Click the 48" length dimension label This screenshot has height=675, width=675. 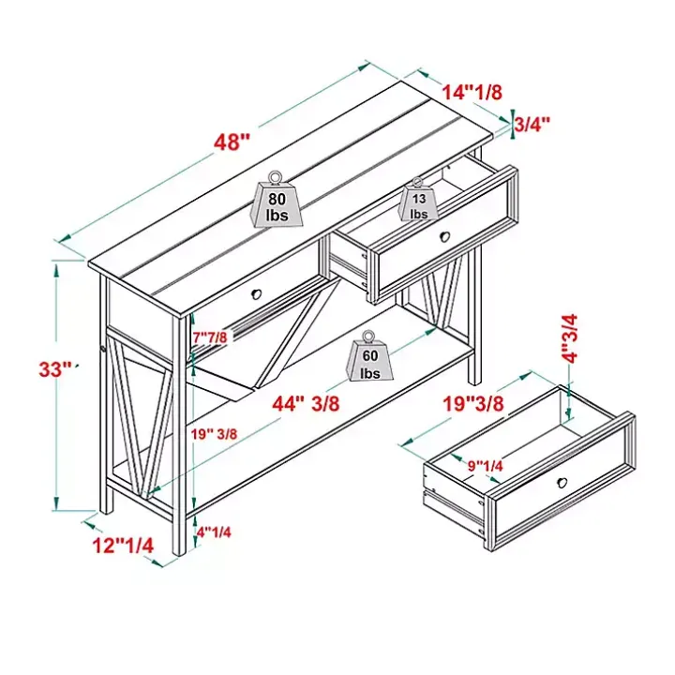[x=232, y=142]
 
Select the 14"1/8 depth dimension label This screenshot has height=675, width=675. [x=472, y=92]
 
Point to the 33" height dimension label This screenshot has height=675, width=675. [x=55, y=369]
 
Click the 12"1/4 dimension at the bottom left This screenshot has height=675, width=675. [x=123, y=546]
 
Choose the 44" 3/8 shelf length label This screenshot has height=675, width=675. [x=306, y=403]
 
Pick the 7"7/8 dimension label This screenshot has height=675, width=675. [x=210, y=337]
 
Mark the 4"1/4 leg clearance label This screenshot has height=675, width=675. [x=214, y=532]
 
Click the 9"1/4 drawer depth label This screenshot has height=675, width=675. [x=486, y=465]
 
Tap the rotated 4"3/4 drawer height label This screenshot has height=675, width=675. [x=570, y=338]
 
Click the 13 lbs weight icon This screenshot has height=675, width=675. [x=418, y=200]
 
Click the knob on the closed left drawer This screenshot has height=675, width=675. [x=257, y=294]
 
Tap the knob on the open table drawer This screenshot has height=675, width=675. [x=444, y=236]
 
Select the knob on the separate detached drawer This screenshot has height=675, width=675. [x=562, y=483]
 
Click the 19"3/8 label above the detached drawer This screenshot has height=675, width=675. [x=473, y=403]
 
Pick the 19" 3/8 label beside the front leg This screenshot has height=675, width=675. [x=215, y=434]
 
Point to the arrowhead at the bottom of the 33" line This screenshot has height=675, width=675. [x=56, y=503]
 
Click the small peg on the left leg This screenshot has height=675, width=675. [x=103, y=348]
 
